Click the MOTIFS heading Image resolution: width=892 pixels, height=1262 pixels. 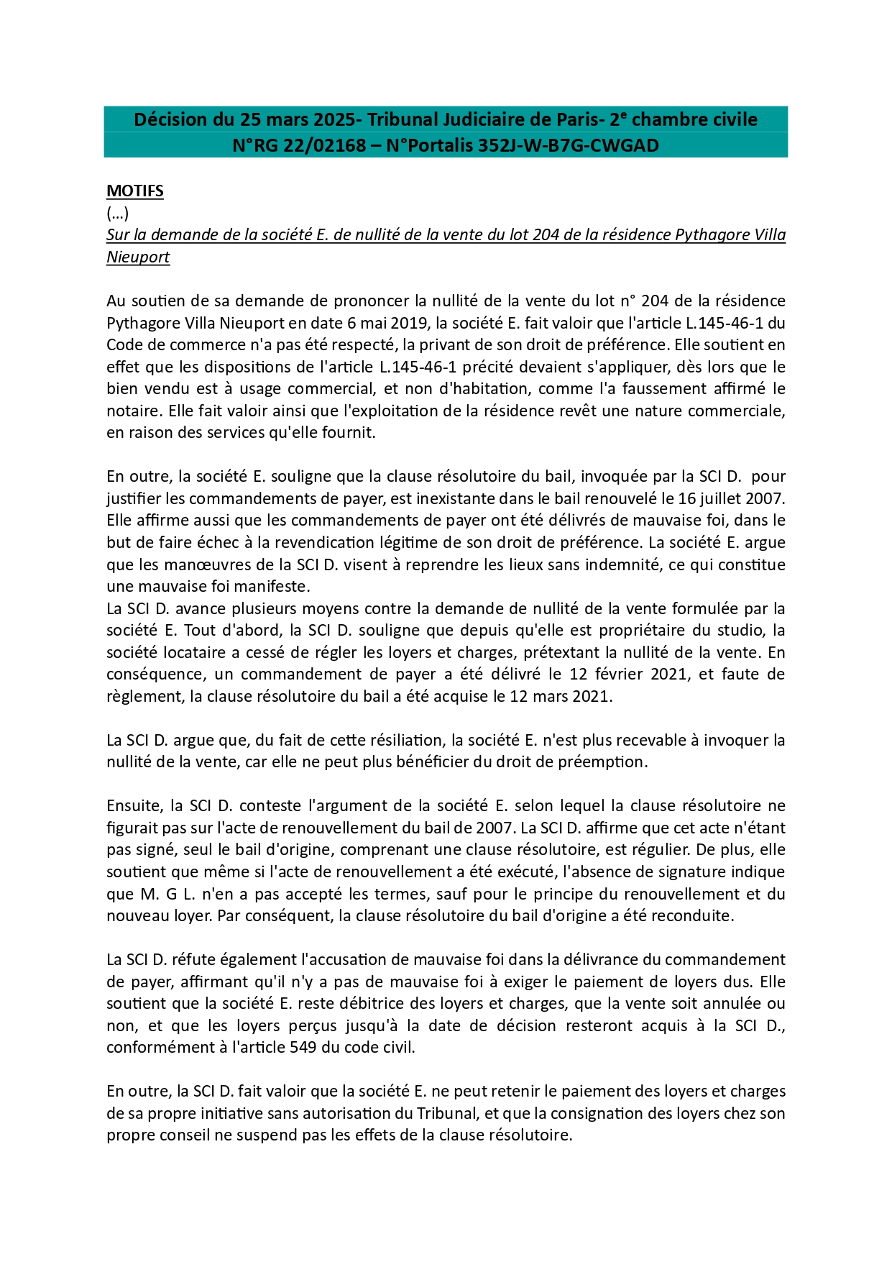coord(135,191)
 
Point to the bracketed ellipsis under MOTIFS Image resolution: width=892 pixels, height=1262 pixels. coord(117,213)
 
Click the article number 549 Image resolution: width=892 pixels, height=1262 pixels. coord(303,1047)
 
